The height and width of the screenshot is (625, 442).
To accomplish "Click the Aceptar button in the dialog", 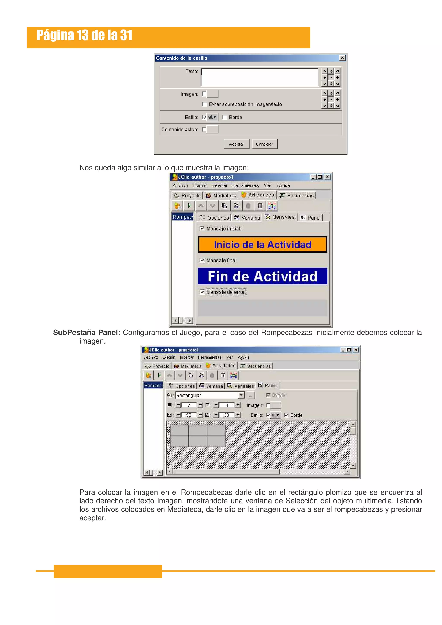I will (236, 144).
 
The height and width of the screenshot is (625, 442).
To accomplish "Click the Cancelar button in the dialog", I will (264, 144).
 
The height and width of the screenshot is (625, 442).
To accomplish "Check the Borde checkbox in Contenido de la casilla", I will (225, 117).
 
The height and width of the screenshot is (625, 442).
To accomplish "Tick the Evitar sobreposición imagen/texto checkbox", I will (205, 104).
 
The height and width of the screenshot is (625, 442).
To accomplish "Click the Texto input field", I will (260, 77).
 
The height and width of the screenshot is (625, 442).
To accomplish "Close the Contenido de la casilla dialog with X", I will (342, 58).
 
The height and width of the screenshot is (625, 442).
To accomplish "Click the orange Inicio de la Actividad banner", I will (262, 244).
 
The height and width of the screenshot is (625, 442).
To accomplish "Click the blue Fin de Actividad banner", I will (262, 276).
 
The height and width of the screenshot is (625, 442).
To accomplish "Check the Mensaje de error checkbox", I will (202, 292).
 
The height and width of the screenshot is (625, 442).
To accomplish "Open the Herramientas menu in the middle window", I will (245, 185).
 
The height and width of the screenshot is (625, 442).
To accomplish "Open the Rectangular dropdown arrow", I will (241, 395).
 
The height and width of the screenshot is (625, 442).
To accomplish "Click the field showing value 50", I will (189, 415).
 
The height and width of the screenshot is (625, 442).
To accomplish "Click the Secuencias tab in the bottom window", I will (256, 366).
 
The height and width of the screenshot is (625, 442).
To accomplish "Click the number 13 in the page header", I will (82, 35).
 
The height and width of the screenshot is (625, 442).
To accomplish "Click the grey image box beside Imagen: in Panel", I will (275, 405).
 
